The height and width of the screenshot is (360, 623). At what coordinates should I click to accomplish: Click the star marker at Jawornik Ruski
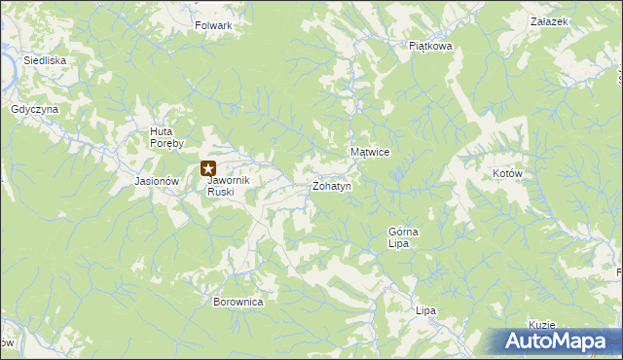point(207,169)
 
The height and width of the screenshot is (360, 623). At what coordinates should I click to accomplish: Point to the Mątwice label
point(370,153)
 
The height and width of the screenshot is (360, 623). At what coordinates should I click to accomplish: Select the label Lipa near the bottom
point(424,310)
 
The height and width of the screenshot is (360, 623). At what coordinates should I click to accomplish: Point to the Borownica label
point(238,302)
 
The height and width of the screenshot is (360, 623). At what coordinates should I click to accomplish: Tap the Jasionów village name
point(157,181)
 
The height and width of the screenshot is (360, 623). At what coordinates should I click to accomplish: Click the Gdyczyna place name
point(36,109)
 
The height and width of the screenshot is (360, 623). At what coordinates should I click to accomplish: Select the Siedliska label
point(44,59)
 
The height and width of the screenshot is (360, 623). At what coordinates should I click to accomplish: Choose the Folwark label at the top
point(213,25)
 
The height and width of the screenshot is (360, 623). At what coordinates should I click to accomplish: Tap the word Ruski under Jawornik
point(221,192)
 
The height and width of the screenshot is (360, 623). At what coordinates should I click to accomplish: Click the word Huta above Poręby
point(161,131)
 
